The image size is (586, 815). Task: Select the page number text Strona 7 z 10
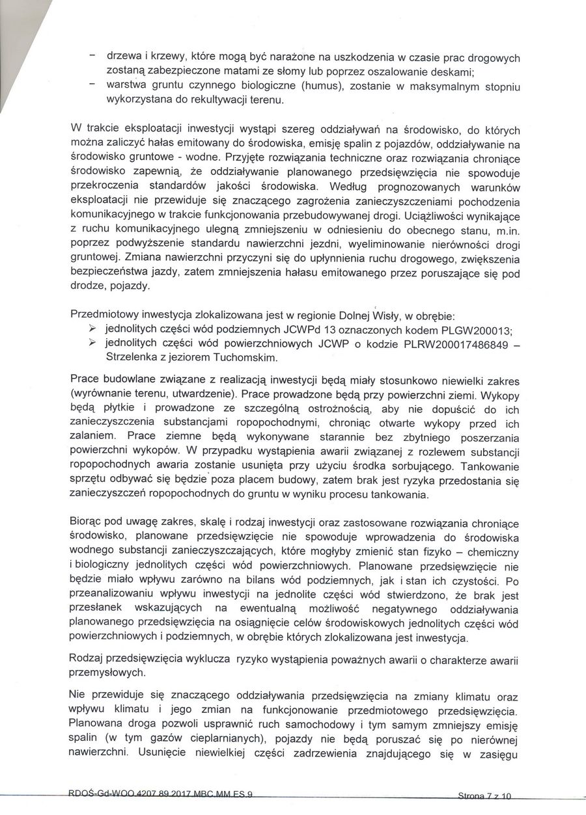(485, 795)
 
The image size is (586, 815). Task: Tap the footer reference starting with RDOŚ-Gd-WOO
(160, 793)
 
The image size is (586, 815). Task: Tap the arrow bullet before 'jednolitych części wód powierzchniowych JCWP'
(92, 344)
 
